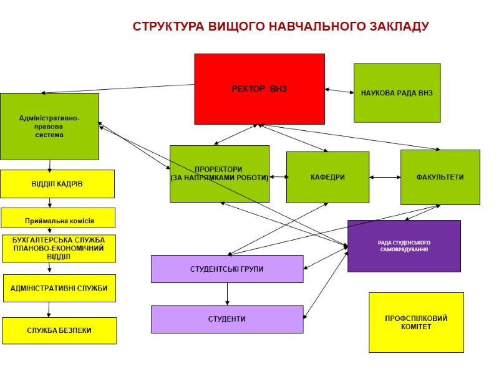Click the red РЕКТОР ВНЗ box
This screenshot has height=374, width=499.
259,89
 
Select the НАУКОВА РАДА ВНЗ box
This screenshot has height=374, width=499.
397,93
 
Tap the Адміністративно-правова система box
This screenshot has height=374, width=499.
49,126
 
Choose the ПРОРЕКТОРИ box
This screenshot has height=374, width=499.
220,173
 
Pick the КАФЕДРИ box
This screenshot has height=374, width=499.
327,177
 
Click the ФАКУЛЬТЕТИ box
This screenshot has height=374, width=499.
440,177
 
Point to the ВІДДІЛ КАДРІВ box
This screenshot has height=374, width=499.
57,184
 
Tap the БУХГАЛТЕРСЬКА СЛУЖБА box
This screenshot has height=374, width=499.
59,248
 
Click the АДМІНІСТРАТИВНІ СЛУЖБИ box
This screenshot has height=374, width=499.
59,288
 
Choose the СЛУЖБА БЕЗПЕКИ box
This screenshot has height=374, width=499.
59,330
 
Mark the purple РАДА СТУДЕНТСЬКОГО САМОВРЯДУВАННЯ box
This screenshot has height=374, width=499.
404,246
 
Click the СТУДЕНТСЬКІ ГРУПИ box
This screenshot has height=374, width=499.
227,269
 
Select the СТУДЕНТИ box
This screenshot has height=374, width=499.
227,319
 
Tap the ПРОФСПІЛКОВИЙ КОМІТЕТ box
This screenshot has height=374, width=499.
416,322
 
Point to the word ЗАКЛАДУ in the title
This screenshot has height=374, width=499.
397,27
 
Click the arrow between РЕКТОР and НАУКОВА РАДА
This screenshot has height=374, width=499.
339,92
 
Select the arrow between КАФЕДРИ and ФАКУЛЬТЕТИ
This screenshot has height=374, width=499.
385,178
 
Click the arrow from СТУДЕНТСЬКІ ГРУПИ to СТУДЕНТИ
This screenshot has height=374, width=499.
227,294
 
